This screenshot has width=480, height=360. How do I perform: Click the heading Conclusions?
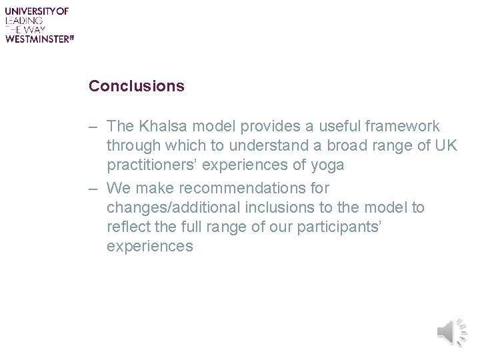pyautogui.click(x=137, y=86)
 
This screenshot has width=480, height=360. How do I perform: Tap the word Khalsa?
pyautogui.click(x=162, y=126)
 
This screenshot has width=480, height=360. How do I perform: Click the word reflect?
pyautogui.click(x=128, y=227)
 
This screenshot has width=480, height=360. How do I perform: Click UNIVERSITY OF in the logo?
pyautogui.click(x=37, y=11)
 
